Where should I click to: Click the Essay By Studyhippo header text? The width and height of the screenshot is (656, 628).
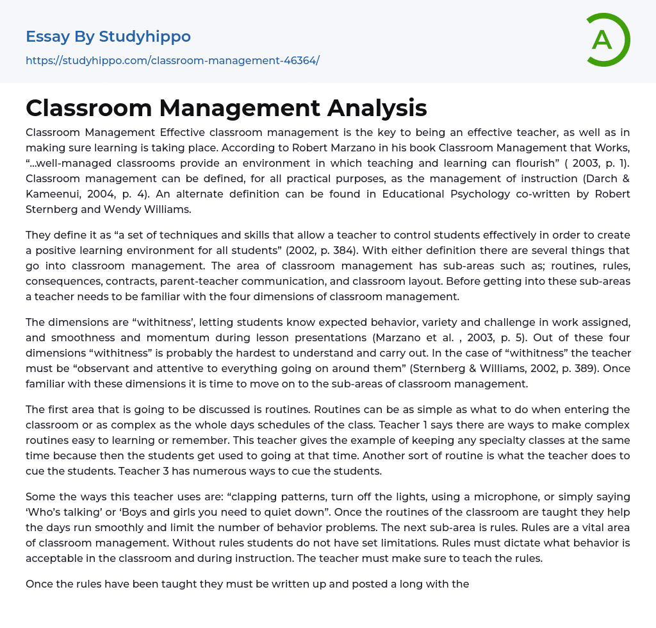point(108,37)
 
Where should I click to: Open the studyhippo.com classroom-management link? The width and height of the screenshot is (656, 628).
point(172,61)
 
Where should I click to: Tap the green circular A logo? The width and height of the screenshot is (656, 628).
point(604,40)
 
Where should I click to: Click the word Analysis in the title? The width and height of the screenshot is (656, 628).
point(377,108)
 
